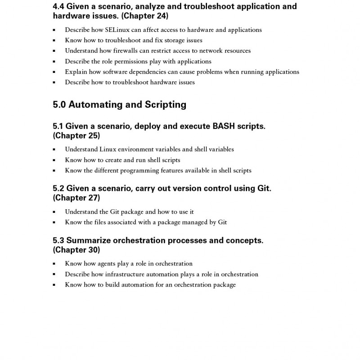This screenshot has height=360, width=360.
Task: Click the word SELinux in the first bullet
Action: (x=105, y=30)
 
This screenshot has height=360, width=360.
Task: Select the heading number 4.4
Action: (x=58, y=7)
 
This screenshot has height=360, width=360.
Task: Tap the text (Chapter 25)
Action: (x=76, y=135)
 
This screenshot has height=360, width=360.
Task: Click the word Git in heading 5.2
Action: (x=263, y=189)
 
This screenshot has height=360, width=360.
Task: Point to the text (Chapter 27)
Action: (x=76, y=198)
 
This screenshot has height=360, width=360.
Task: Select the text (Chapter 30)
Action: (x=76, y=250)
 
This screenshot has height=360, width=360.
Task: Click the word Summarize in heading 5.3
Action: (x=87, y=241)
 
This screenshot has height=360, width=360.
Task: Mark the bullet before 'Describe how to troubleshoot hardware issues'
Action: (x=54, y=83)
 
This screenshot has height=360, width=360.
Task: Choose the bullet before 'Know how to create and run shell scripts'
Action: (x=54, y=160)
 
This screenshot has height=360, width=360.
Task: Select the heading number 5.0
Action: (x=59, y=105)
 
